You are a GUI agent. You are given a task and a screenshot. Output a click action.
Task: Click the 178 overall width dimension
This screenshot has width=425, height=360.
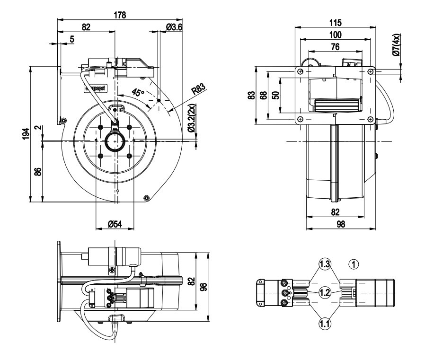[x=119, y=15]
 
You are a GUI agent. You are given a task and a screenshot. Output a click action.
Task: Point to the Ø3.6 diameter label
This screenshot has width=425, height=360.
[x=175, y=27]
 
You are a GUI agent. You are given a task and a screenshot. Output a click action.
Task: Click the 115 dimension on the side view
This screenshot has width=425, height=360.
[x=336, y=22]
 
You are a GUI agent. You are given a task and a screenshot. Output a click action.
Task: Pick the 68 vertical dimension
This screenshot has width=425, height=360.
[x=263, y=96]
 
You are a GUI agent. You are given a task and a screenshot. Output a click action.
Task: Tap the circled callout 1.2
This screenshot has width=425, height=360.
[x=325, y=293]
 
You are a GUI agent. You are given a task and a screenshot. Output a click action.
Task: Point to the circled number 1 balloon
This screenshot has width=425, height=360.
[x=355, y=263]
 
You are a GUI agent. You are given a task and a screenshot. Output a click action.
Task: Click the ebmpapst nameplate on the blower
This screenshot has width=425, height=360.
[x=96, y=88]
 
